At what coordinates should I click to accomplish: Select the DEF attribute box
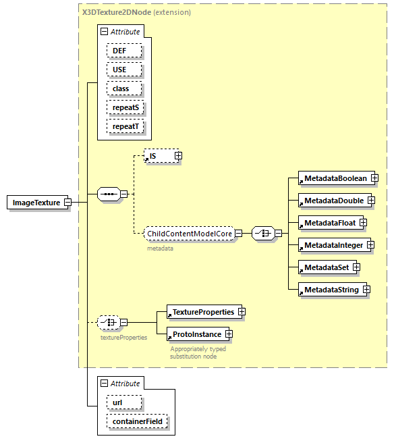pos(124,51)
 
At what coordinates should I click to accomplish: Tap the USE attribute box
pos(124,70)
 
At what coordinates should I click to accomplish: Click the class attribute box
pos(124,88)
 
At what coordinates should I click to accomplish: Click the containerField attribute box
pos(138,422)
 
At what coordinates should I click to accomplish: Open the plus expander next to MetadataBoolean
pos(374,178)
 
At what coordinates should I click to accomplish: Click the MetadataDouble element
pos(333,201)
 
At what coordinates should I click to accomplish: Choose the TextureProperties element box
pos(202,312)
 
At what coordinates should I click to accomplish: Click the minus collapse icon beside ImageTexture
pos(68,203)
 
